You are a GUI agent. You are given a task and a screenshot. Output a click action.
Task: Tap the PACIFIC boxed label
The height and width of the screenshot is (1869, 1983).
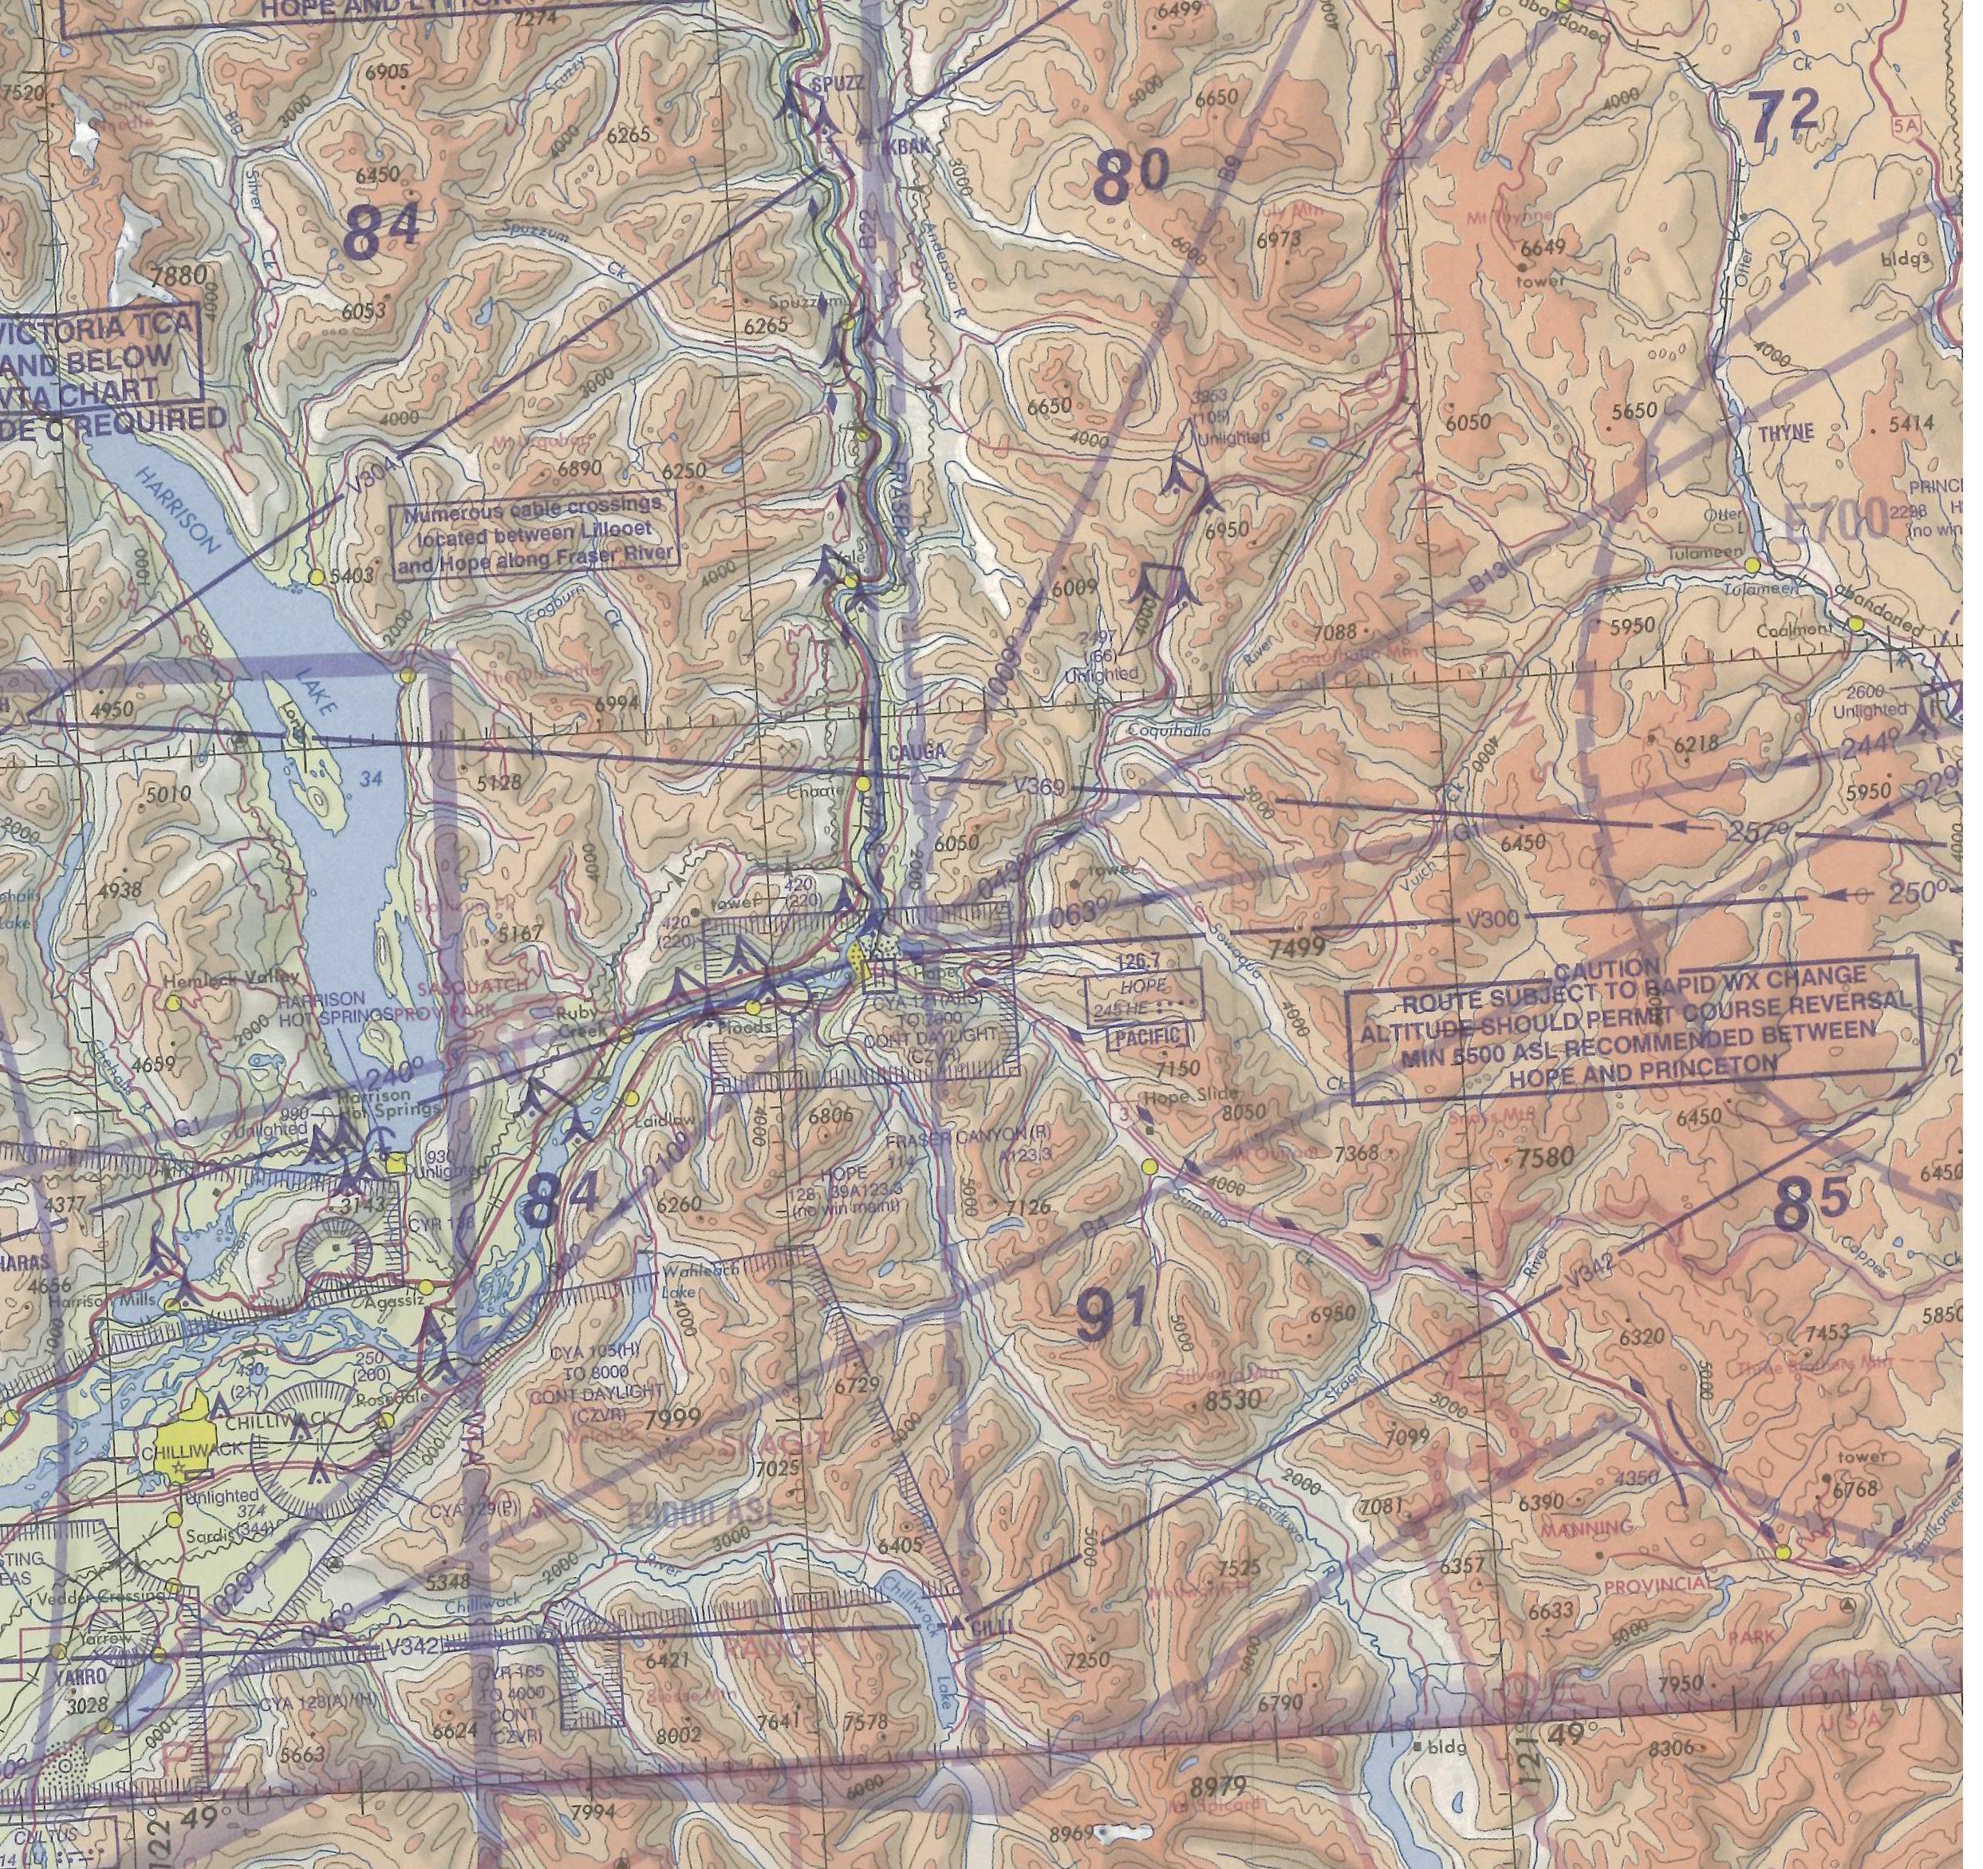point(1149,1037)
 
